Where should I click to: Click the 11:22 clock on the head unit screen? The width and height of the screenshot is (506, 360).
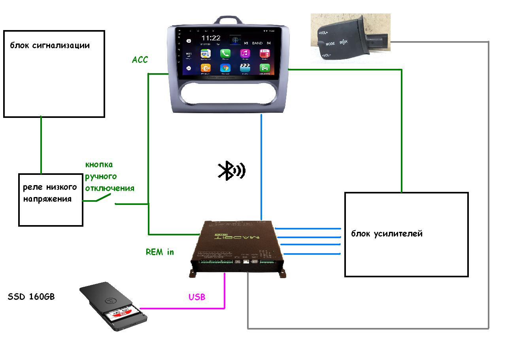click(x=211, y=38)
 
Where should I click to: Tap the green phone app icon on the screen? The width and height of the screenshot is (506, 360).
click(x=225, y=53)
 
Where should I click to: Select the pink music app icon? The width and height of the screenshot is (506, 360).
click(x=245, y=53)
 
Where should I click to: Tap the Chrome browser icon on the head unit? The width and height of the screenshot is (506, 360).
click(x=225, y=68)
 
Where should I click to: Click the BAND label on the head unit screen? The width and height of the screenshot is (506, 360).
click(x=257, y=43)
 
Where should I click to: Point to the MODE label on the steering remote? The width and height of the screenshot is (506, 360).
click(x=330, y=44)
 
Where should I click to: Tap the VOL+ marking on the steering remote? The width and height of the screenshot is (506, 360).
click(x=323, y=33)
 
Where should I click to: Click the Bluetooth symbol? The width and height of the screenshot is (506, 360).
click(x=232, y=171)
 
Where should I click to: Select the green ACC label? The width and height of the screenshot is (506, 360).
click(x=140, y=60)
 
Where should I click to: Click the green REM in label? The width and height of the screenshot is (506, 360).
click(x=160, y=252)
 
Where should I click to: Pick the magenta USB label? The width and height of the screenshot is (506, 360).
click(x=197, y=297)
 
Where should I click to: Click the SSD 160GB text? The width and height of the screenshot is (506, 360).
click(x=31, y=297)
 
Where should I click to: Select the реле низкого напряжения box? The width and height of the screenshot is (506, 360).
click(x=51, y=199)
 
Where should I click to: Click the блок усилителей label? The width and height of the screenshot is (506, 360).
click(x=387, y=234)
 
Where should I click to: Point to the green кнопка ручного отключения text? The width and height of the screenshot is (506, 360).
click(x=110, y=176)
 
